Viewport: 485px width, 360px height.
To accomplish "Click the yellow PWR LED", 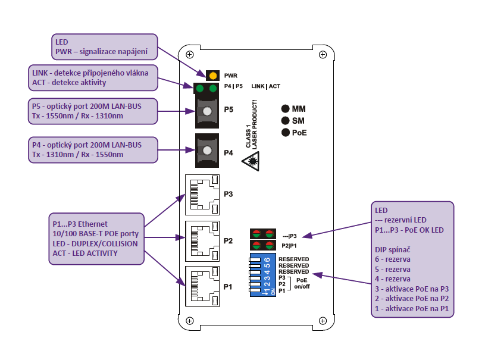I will tap(212, 76).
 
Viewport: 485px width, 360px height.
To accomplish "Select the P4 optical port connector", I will tap(206, 151).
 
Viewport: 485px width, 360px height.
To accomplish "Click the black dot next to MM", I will tap(286, 109).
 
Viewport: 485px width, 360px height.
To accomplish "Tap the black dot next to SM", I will tap(286, 120).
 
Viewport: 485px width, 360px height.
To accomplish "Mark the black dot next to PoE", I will tap(286, 132).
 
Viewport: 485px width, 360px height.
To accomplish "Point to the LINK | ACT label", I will tap(266, 87).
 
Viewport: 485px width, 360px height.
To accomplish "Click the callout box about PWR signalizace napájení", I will tap(105, 48).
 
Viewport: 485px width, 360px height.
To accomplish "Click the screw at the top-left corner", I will tap(190, 55).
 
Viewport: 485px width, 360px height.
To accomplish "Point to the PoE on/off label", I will tap(303, 283).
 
